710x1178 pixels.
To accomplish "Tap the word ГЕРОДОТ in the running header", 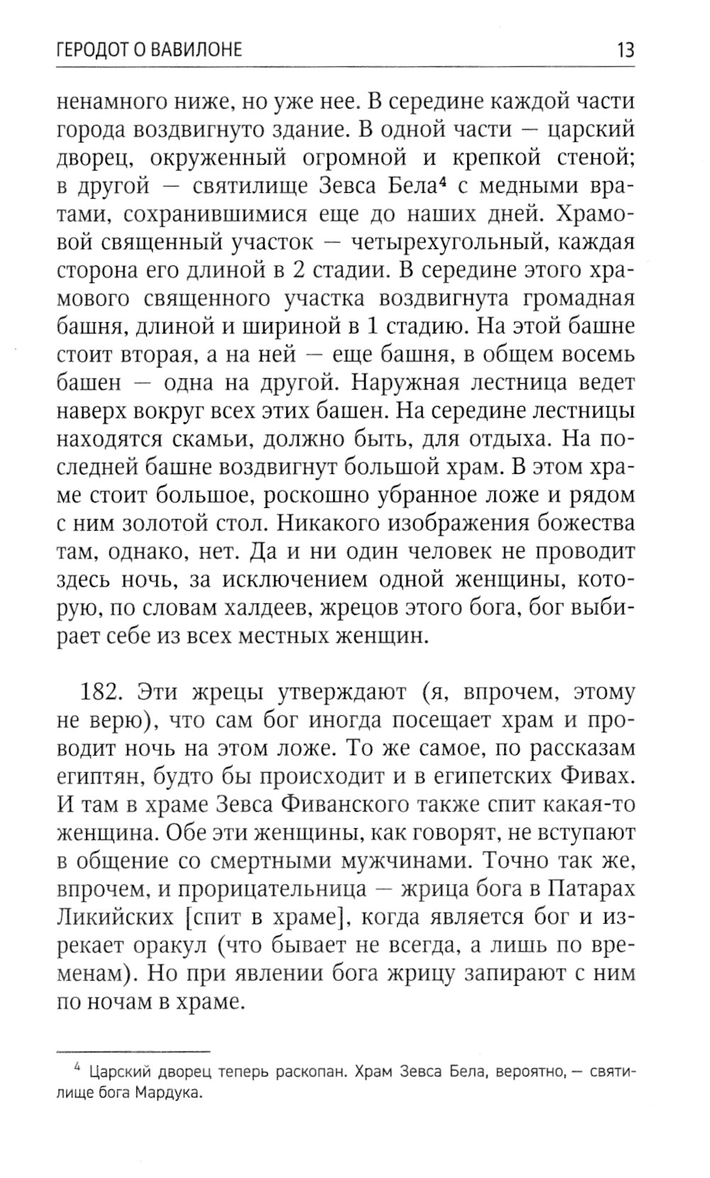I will point(96,50).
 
